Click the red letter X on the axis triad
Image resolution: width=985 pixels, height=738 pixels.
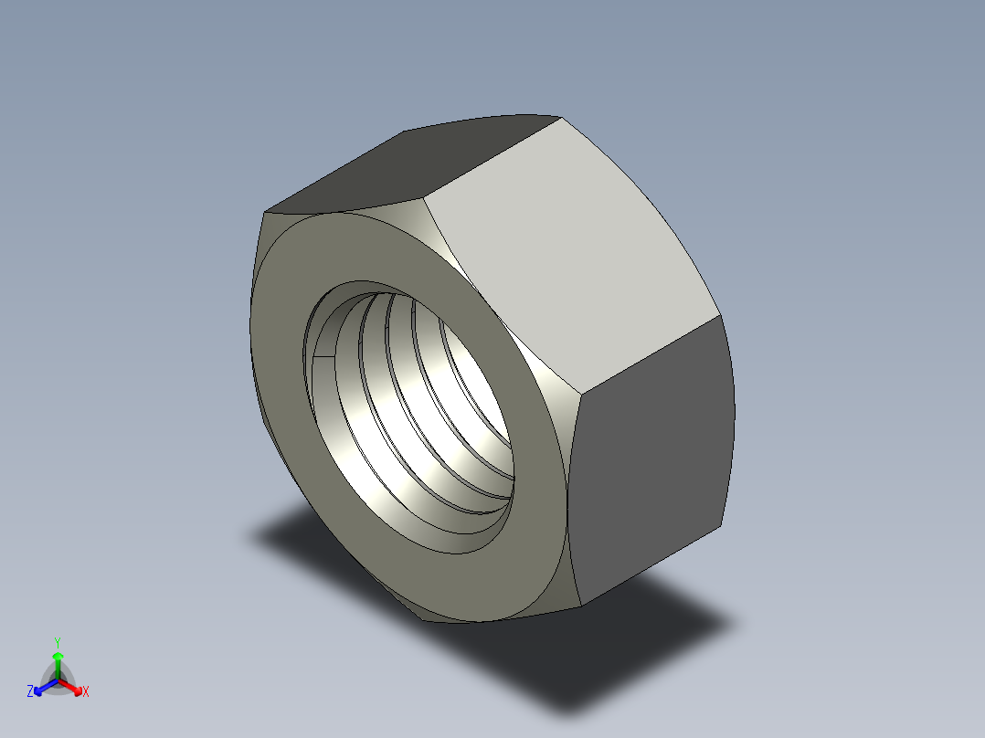click(x=86, y=692)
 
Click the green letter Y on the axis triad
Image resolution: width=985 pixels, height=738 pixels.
click(x=57, y=641)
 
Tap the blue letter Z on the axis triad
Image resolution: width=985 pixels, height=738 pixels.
click(x=30, y=692)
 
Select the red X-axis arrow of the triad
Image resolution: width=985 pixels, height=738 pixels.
click(x=74, y=688)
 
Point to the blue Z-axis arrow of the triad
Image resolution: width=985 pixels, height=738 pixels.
click(x=41, y=688)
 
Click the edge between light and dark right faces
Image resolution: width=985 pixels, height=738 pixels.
click(x=649, y=356)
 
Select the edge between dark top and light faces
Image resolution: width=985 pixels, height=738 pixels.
click(x=493, y=155)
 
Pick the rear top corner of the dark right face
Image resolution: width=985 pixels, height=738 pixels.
click(x=722, y=316)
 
